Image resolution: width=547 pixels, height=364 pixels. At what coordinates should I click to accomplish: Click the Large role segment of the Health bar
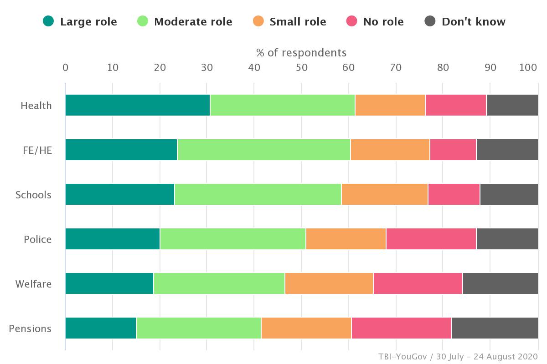coord(137,105)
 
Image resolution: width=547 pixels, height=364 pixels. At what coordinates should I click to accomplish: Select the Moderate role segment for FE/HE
coord(263,150)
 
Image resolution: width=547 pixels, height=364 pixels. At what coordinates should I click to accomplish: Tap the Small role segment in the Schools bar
coord(384,194)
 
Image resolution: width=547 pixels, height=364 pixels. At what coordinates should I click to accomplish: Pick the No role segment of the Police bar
coord(431,239)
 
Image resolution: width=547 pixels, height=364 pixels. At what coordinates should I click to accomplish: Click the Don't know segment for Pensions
coord(495,328)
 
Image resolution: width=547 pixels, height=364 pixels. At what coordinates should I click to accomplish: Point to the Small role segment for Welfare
coord(329,283)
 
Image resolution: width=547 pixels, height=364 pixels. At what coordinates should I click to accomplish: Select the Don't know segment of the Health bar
coord(512,105)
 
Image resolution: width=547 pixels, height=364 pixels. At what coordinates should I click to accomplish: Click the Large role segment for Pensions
coord(101,328)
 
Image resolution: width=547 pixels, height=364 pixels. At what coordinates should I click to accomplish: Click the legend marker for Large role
coord(48,21)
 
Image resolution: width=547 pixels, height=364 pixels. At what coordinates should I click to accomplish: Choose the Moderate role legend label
coord(193,22)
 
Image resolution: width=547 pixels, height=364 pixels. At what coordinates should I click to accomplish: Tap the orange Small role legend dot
coord(258,21)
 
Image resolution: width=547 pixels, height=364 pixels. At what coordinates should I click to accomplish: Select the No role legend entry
coord(383,22)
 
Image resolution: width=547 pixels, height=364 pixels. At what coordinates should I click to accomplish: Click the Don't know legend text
coord(473,22)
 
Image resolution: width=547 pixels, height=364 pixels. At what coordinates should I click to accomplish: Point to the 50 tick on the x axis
coord(301,68)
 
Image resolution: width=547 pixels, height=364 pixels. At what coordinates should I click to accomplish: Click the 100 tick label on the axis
coord(528,68)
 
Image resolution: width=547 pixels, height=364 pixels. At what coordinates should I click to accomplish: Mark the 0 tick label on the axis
coord(65,68)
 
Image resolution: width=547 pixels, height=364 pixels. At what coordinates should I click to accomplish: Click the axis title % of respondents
coord(301,52)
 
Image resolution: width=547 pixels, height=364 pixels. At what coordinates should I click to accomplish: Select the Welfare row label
coord(33,284)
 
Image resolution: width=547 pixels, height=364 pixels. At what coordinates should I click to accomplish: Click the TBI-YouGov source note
coord(458,356)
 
